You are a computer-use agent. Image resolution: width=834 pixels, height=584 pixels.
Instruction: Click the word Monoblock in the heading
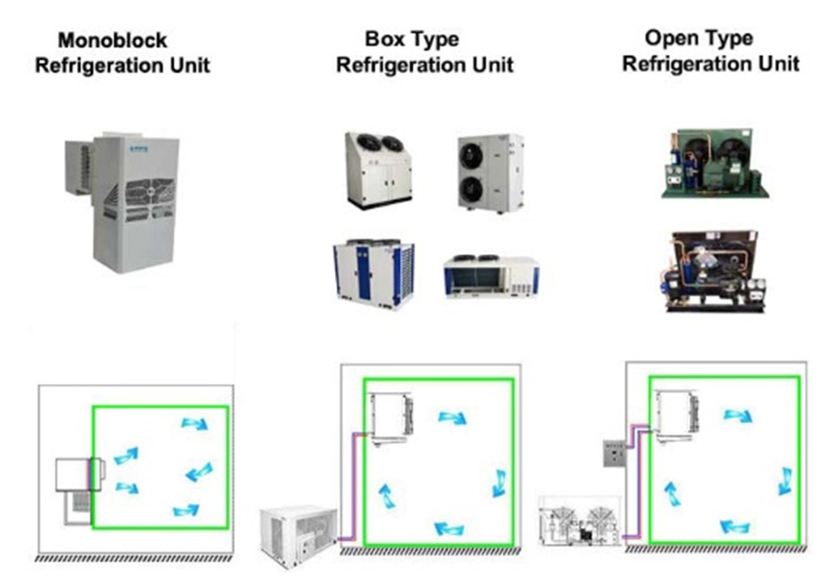click(112, 40)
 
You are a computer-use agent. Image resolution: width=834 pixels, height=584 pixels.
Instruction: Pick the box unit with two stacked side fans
click(490, 173)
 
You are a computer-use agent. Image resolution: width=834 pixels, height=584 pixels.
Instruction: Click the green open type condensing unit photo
click(714, 163)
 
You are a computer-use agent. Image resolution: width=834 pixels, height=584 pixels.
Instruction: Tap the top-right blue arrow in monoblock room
click(194, 424)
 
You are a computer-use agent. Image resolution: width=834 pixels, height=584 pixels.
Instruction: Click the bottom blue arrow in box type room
click(450, 527)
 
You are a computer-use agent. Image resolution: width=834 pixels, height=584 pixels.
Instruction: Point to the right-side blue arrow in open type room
click(785, 481)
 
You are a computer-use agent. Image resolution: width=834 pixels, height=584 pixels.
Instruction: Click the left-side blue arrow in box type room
click(386, 495)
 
